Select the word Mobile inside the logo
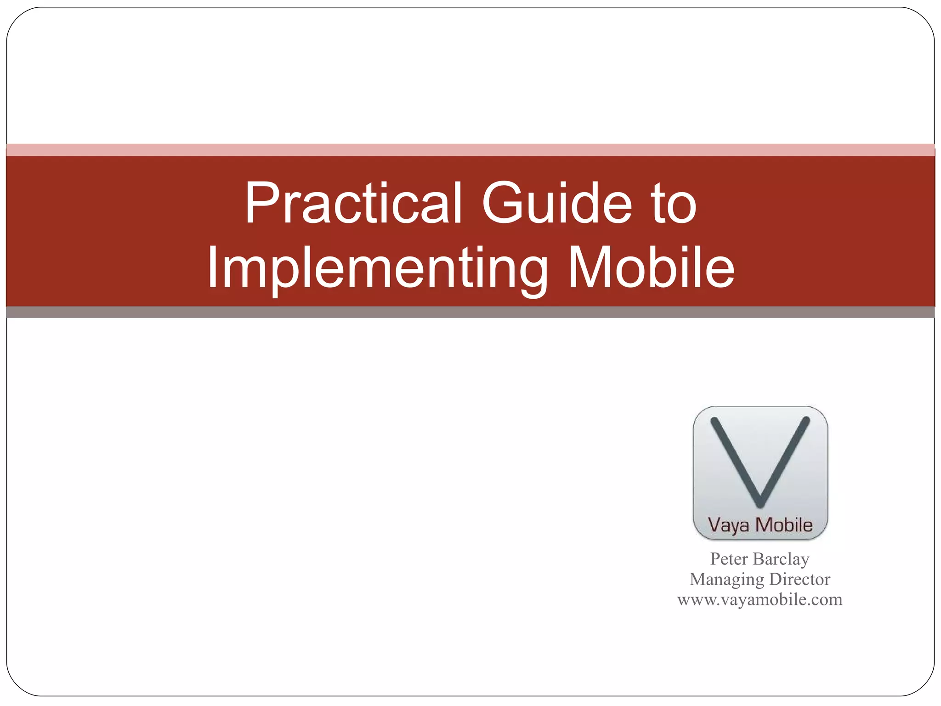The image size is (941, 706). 784,525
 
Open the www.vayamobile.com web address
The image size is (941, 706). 760,599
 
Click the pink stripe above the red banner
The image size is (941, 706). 470,150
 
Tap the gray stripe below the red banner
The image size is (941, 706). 470,312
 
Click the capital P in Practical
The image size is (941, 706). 261,203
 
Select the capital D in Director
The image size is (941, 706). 776,579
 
